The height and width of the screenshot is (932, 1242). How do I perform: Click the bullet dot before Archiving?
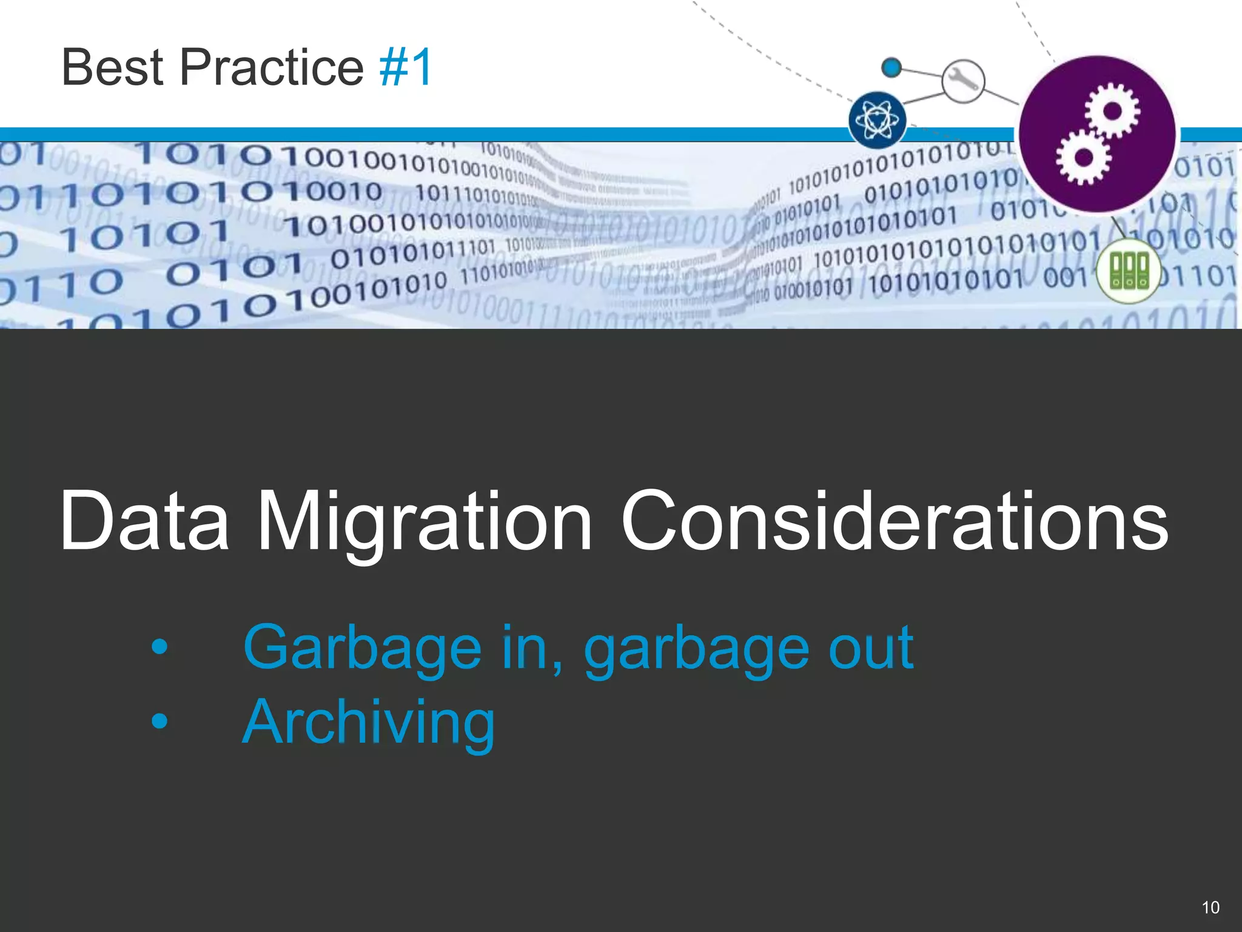159,721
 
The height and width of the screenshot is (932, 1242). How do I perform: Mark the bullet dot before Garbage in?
159,647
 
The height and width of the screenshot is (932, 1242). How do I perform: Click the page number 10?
1210,908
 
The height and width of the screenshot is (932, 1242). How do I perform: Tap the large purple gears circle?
1097,134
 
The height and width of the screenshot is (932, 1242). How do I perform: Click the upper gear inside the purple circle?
1112,112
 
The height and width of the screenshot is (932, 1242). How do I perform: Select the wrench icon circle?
963,81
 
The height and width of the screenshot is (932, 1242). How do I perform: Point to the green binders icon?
1129,271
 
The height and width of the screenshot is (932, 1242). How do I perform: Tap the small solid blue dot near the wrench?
891,67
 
